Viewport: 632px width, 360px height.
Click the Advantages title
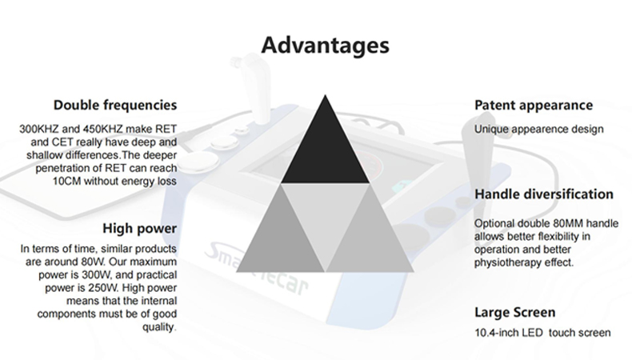(x=326, y=45)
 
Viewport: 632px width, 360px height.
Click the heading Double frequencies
(x=115, y=106)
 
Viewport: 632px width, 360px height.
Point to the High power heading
(x=139, y=229)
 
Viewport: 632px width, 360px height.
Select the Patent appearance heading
(x=534, y=106)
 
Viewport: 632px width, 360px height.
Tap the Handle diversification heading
(x=544, y=194)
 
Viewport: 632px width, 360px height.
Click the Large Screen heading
(x=514, y=313)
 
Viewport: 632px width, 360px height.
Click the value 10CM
(x=66, y=182)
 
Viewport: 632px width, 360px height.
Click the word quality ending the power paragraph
(x=158, y=327)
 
